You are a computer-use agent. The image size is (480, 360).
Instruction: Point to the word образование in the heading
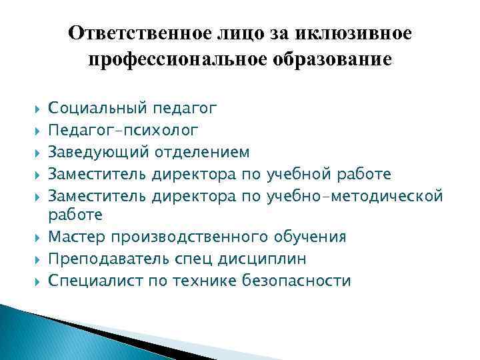pyautogui.click(x=337, y=60)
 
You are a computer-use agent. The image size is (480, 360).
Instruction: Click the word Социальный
pyautogui.click(x=98, y=107)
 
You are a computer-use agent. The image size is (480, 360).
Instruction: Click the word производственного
pyautogui.click(x=191, y=237)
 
